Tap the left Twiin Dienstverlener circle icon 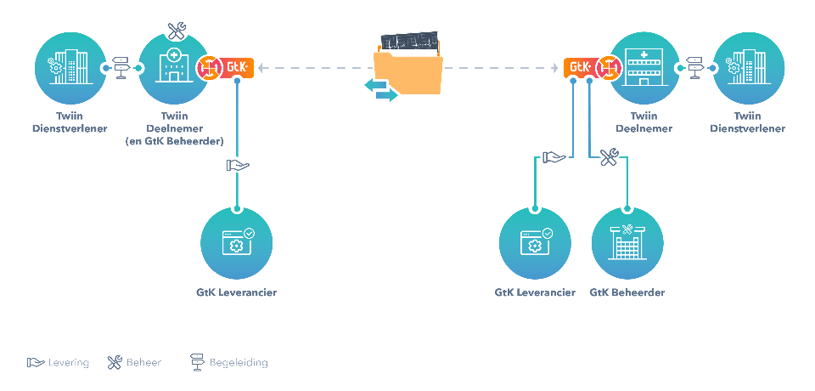[x=70, y=65]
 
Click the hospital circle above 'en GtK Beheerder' [x=174, y=66]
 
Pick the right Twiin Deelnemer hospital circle [x=644, y=66]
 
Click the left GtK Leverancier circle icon [x=237, y=243]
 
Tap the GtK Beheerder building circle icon [x=627, y=243]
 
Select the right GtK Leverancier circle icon [x=535, y=243]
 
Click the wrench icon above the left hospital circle [x=177, y=31]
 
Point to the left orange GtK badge [x=236, y=66]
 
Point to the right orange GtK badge [x=580, y=66]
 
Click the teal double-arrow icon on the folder [x=380, y=89]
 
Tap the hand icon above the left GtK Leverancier [x=237, y=165]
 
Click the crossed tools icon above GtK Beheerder [x=609, y=157]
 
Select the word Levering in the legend [x=69, y=363]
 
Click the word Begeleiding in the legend [x=239, y=363]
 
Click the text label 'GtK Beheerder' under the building [x=627, y=292]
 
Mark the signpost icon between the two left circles [x=121, y=66]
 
